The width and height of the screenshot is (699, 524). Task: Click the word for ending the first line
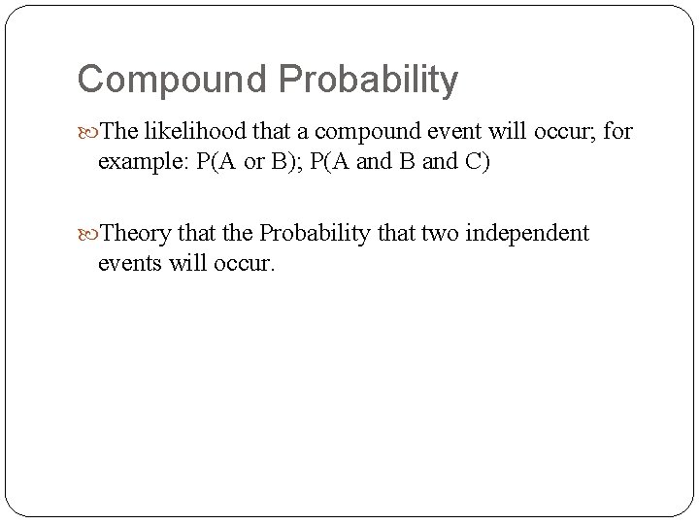616,130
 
